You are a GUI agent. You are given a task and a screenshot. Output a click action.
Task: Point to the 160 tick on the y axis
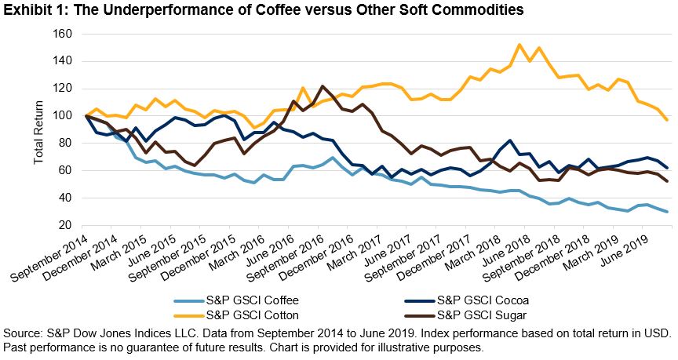[x=62, y=35]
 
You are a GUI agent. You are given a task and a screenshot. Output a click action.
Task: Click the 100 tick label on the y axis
[x=62, y=116]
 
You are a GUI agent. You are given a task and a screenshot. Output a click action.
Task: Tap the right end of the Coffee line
[x=667, y=212]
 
